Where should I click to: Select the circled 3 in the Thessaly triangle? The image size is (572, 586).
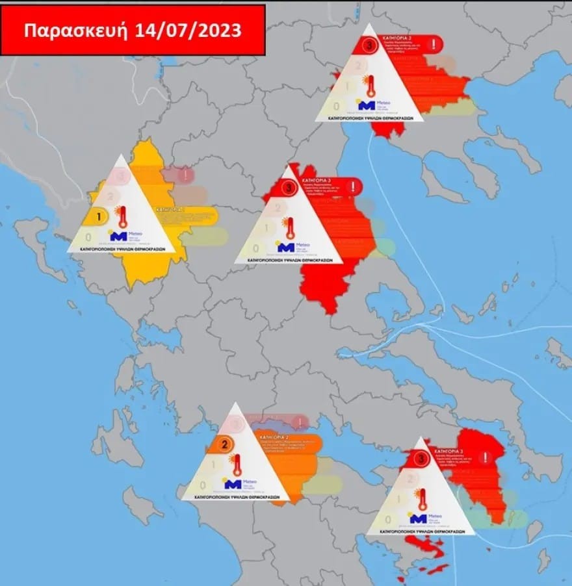click(288, 188)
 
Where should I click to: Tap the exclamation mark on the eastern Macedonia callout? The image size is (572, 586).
click(434, 44)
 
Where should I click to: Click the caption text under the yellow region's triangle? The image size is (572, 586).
click(122, 249)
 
